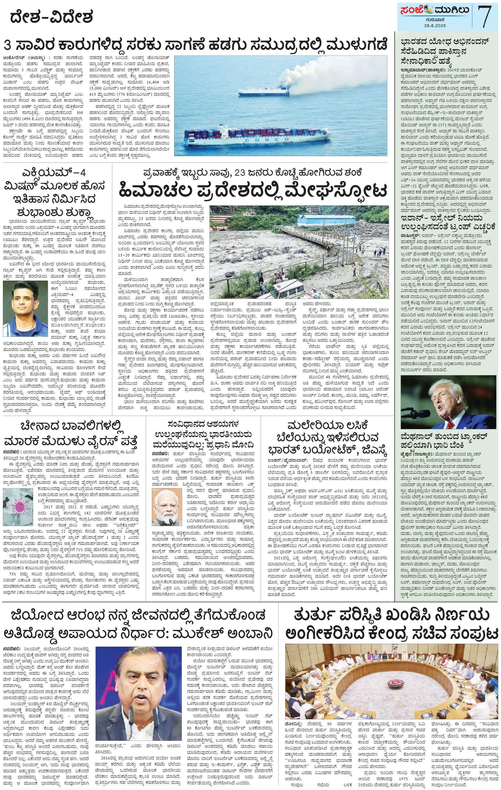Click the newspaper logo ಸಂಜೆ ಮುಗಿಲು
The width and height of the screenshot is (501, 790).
pos(433,13)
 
